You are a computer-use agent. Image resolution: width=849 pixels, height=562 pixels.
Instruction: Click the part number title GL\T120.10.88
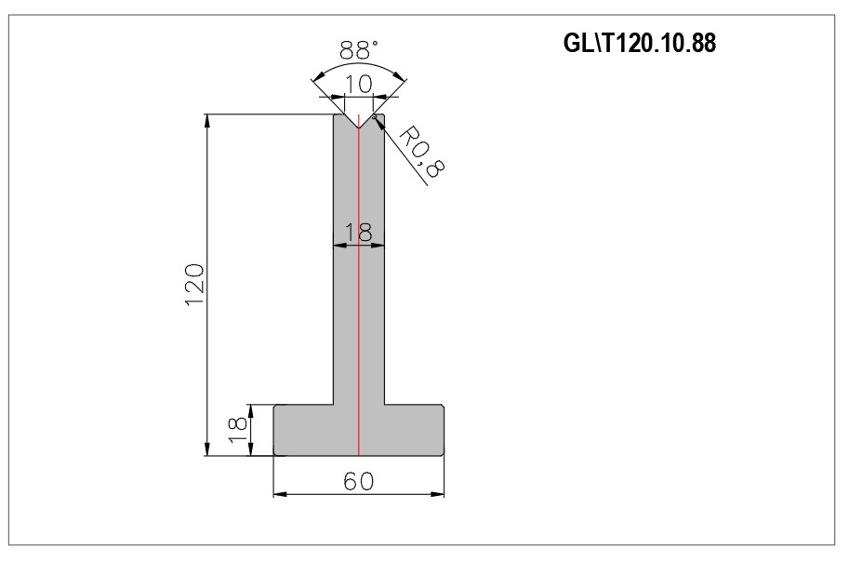click(640, 43)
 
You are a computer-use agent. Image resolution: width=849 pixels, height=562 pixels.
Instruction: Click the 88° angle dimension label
click(358, 50)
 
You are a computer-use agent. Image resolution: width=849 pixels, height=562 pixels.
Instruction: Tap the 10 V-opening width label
click(358, 84)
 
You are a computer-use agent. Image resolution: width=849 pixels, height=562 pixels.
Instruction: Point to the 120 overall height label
click(194, 285)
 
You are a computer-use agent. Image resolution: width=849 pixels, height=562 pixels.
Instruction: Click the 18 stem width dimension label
click(358, 233)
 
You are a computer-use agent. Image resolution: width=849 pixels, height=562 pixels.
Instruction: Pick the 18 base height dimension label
click(238, 430)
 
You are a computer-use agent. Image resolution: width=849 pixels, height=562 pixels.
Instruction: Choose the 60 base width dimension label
click(358, 481)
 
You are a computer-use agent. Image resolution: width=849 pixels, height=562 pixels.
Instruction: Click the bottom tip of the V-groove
click(358, 128)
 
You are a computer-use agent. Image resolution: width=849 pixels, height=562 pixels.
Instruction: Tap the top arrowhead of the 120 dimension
click(207, 121)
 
